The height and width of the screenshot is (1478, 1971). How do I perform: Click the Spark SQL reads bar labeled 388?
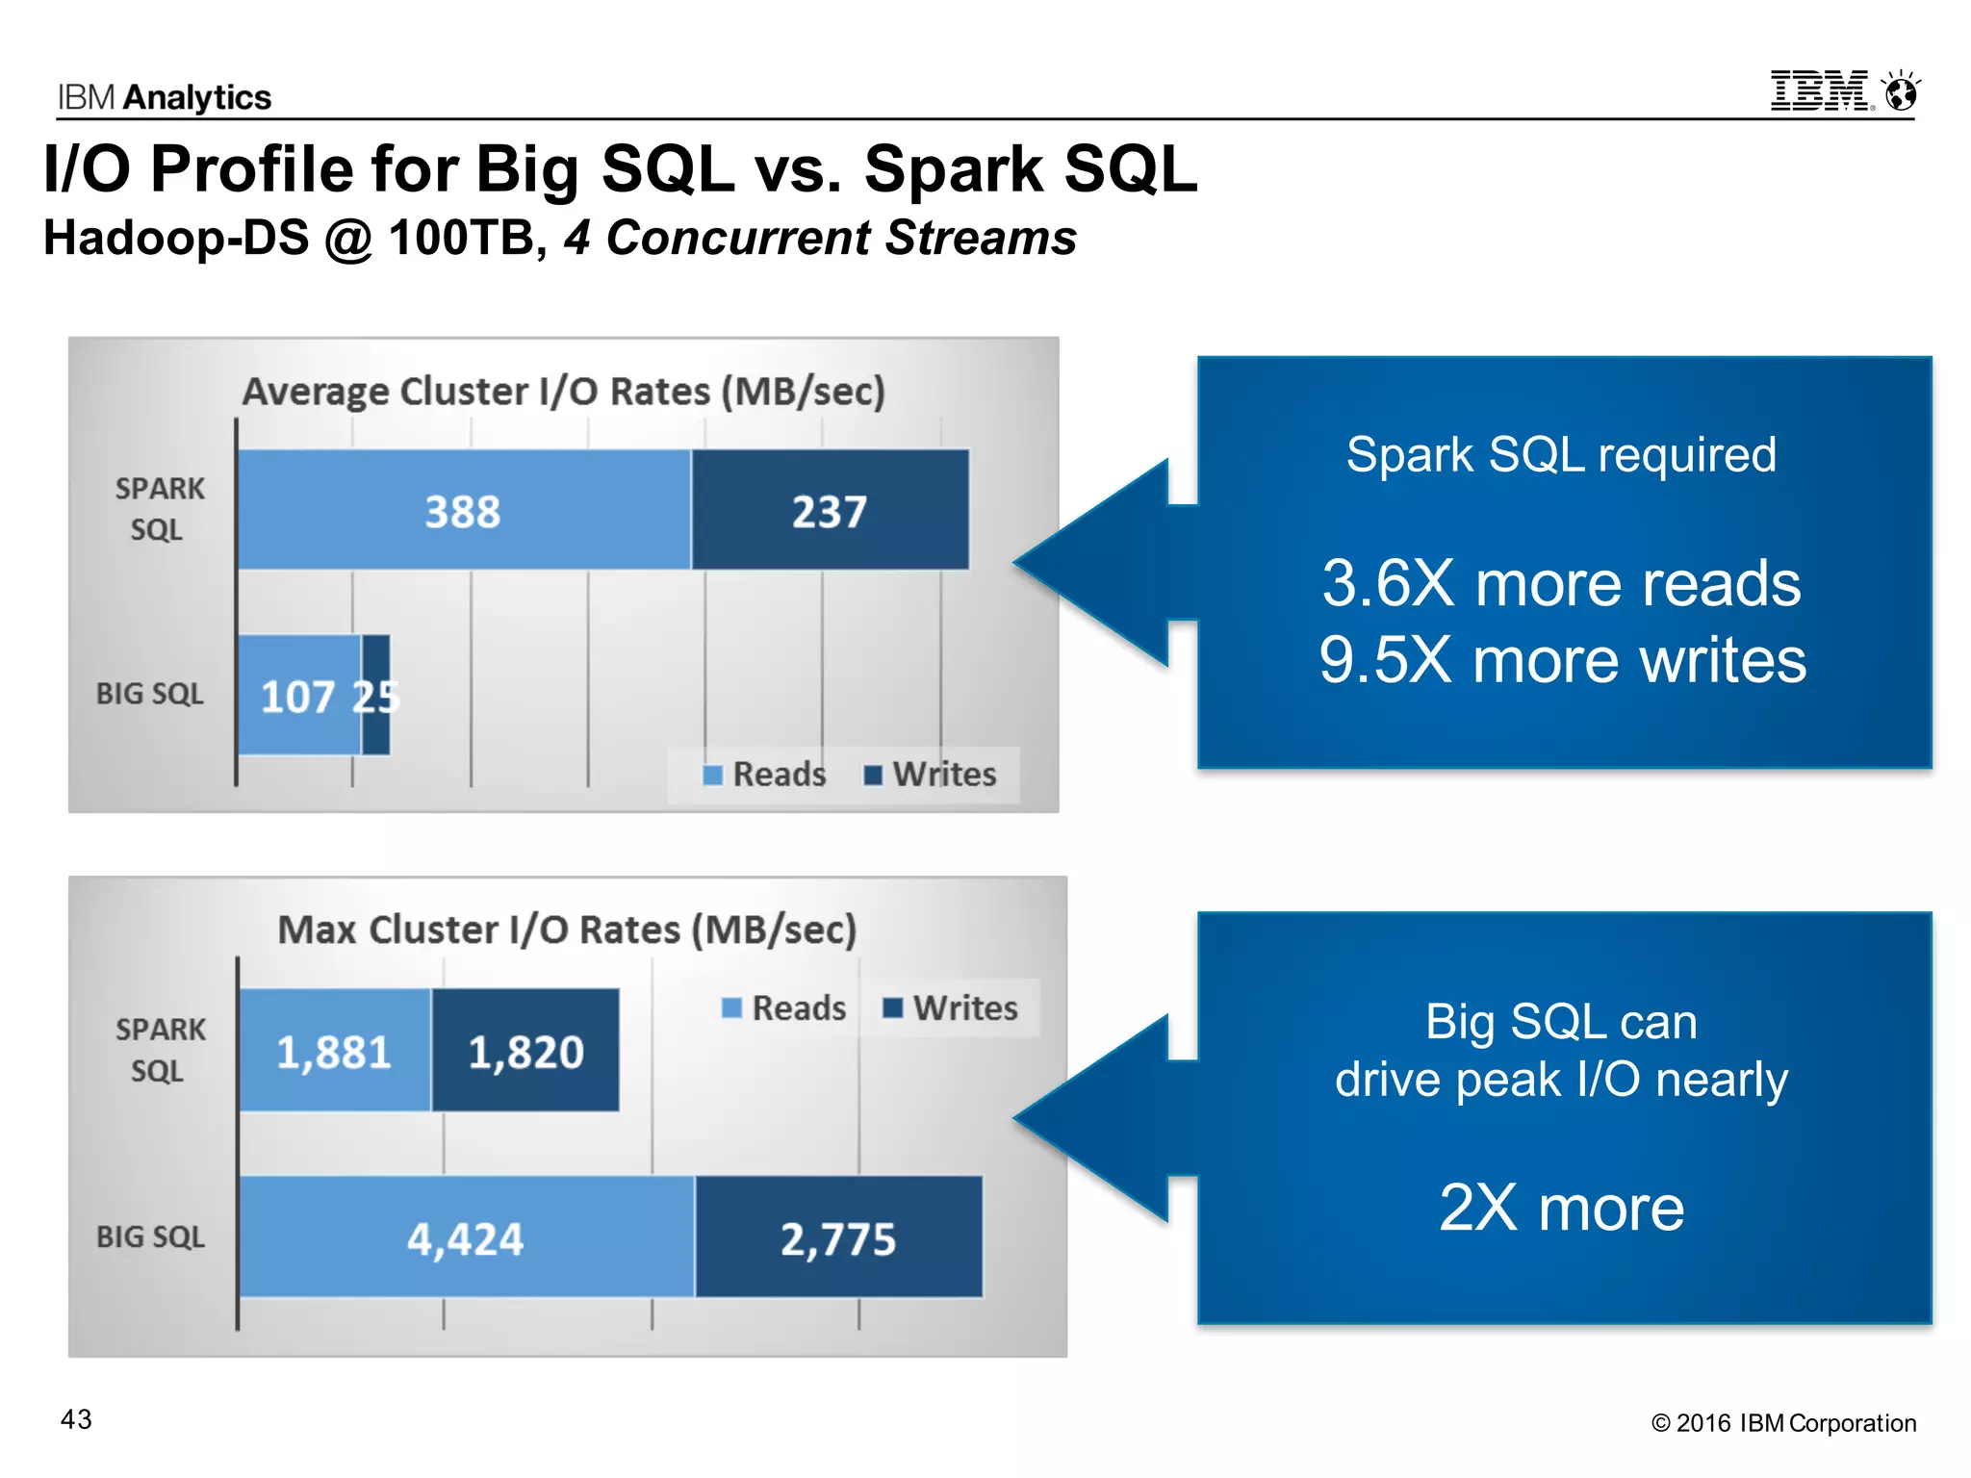pyautogui.click(x=464, y=510)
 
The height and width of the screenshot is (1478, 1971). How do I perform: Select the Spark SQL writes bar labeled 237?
pyautogui.click(x=830, y=510)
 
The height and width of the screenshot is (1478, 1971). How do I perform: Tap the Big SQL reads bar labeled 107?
pyautogui.click(x=298, y=696)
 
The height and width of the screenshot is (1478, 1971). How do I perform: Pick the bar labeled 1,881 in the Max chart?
pyautogui.click(x=334, y=1051)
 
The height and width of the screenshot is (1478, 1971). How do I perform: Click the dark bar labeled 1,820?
pyautogui.click(x=525, y=1051)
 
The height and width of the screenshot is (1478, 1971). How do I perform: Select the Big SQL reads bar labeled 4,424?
pyautogui.click(x=466, y=1237)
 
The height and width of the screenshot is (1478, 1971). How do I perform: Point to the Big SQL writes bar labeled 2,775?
pyautogui.click(x=838, y=1237)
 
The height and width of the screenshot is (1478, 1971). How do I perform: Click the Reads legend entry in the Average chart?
pyautogui.click(x=765, y=775)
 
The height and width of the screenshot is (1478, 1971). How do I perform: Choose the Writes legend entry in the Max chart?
pyautogui.click(x=951, y=1008)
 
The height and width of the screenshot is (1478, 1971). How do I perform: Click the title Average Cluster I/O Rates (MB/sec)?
pyautogui.click(x=563, y=392)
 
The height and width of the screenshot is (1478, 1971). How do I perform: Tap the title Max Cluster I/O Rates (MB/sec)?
pyautogui.click(x=567, y=930)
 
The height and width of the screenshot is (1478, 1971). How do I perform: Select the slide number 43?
pyautogui.click(x=76, y=1419)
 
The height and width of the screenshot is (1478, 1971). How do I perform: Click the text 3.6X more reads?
pyautogui.click(x=1561, y=583)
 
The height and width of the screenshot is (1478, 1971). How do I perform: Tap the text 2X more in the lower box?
pyautogui.click(x=1561, y=1208)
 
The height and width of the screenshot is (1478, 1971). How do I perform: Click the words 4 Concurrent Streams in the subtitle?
pyautogui.click(x=820, y=238)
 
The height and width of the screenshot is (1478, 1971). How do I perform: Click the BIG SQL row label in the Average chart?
pyautogui.click(x=150, y=694)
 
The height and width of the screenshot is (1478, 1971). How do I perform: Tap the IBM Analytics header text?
pyautogui.click(x=165, y=97)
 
